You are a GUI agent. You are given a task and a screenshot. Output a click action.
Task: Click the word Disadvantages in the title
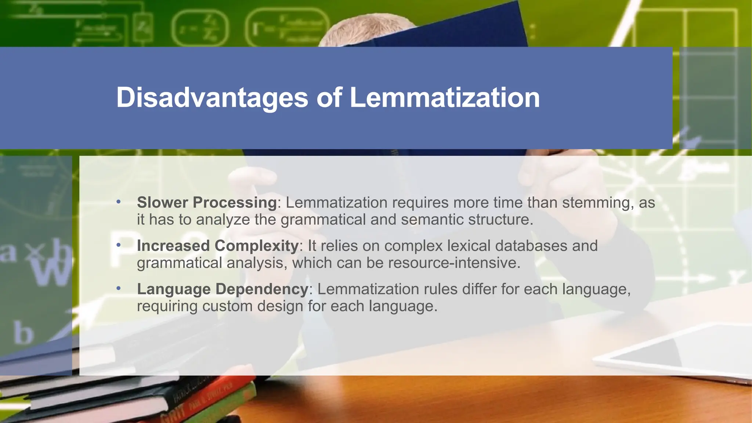212,98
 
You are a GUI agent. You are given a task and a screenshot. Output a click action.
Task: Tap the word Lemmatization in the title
445,98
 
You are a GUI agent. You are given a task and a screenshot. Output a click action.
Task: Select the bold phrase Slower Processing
207,202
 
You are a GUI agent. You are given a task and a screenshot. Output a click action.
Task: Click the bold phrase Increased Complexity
218,246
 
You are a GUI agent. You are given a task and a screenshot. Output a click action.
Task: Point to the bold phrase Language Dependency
223,289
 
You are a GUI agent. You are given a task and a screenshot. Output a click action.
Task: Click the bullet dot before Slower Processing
118,202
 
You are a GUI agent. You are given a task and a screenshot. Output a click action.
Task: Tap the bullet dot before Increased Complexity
118,245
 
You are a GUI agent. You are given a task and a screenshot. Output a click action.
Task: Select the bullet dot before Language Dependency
118,288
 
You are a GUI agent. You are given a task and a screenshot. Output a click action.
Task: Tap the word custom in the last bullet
227,306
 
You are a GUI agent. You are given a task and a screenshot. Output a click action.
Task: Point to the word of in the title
329,98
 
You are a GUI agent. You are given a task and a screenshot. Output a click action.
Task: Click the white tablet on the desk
679,352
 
